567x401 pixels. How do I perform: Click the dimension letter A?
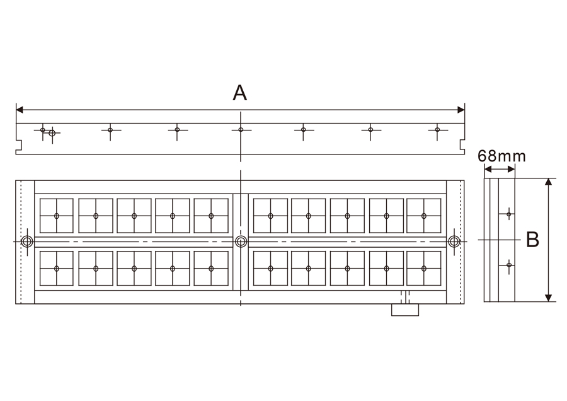point(240,93)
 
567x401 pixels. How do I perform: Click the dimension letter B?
point(532,240)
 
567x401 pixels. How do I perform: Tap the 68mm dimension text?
point(501,156)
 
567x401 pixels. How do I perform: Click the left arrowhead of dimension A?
point(20,110)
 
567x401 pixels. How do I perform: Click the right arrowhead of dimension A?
point(461,110)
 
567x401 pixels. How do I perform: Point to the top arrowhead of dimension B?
point(549,182)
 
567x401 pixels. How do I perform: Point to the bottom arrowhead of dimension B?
point(549,298)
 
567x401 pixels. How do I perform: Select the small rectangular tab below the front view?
point(405,310)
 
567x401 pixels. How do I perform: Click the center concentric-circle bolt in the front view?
point(241,241)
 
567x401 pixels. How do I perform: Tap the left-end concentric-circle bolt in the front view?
point(27,241)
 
